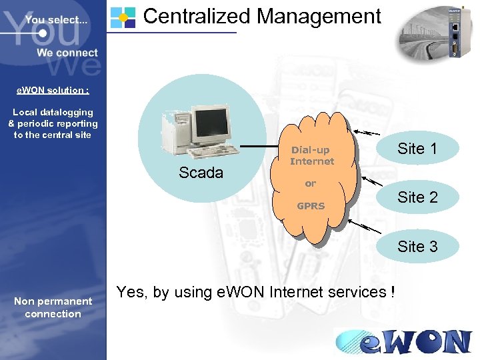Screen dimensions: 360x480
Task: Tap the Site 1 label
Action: [417, 149]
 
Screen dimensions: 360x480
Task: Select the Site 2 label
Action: [417, 197]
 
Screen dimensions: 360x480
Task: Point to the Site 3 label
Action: [417, 246]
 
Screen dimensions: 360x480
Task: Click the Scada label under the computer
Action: [201, 173]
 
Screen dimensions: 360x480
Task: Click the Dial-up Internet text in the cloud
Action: [311, 155]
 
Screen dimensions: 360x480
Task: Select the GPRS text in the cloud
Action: [311, 206]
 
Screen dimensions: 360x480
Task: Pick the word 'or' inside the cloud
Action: [311, 183]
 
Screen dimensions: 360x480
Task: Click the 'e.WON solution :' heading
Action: [53, 90]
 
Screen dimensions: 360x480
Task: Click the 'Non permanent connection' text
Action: [53, 307]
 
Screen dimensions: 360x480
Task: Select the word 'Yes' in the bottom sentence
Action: [129, 291]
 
